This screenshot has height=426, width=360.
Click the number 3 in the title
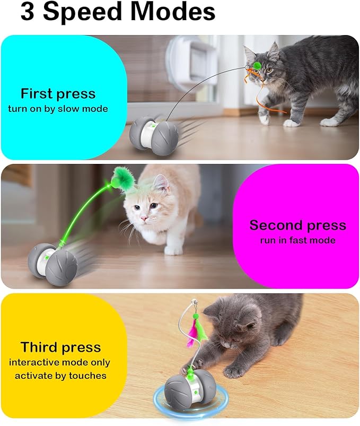coord(28,12)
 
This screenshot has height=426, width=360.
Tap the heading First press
coord(58,94)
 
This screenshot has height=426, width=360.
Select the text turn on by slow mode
coord(58,109)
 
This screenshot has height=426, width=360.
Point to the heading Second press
coord(297,225)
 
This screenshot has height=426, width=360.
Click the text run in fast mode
coord(297,240)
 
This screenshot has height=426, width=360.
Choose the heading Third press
coord(60,347)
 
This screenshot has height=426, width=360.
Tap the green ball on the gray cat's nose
coord(257,65)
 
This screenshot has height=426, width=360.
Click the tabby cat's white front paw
coord(291,123)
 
